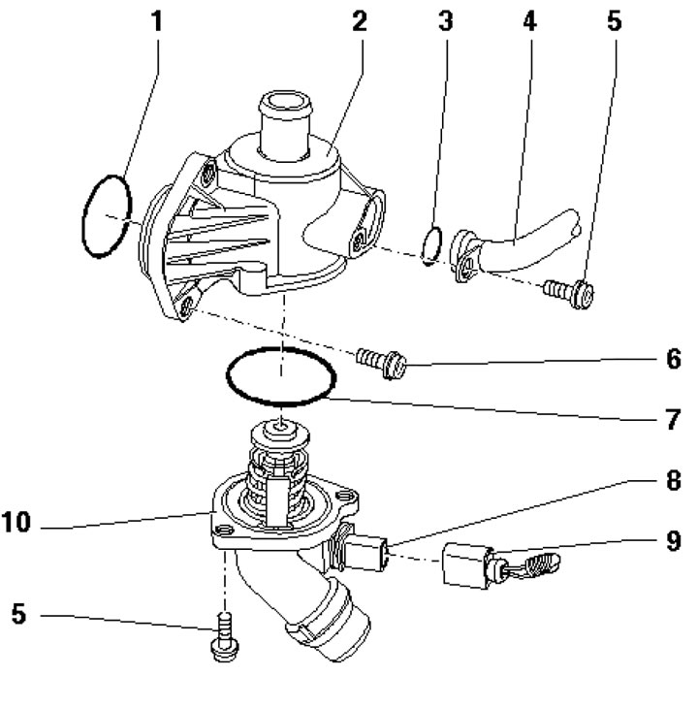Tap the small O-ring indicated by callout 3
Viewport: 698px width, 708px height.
click(435, 245)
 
